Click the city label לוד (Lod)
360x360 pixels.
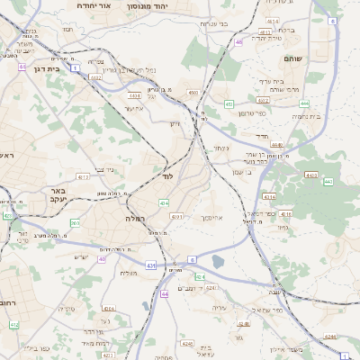point(168,176)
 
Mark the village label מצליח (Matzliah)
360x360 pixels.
point(129,273)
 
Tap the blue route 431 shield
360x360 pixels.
point(151,265)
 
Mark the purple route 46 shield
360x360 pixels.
point(238,41)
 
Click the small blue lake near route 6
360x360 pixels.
point(218,263)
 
